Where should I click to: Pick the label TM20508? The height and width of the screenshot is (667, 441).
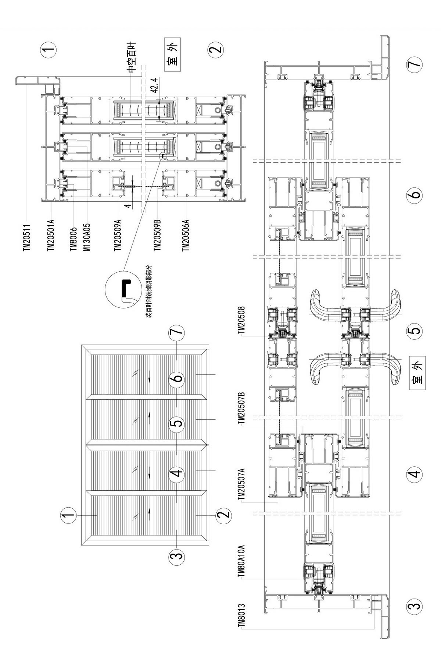tap(242, 320)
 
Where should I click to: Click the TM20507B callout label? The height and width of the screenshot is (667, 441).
tap(242, 408)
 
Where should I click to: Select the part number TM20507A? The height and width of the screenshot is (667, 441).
tap(242, 484)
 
